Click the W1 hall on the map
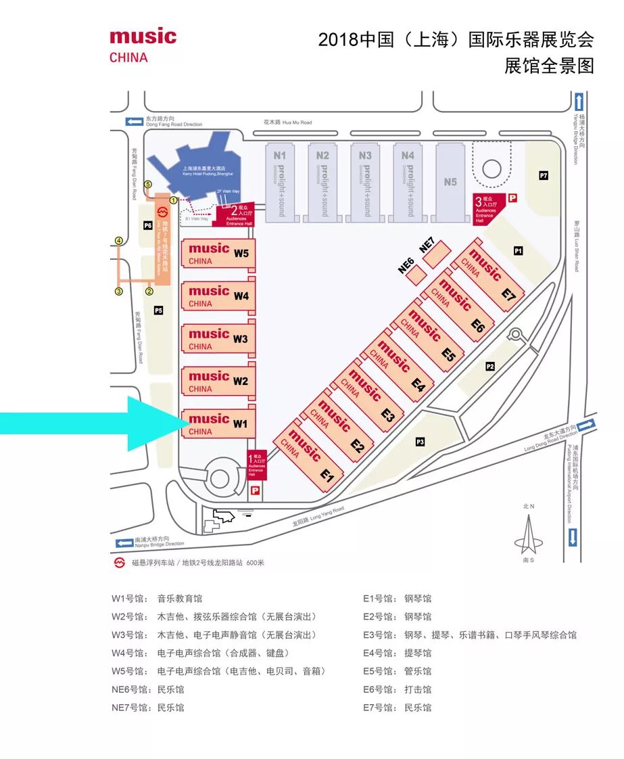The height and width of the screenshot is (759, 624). coord(218,423)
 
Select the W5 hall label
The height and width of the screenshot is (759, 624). coord(241,254)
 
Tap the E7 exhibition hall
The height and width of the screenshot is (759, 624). coord(488,275)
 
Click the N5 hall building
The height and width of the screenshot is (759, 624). coord(450,181)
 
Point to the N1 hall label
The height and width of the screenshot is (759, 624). coord(279,155)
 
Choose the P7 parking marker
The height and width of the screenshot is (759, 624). coord(543,176)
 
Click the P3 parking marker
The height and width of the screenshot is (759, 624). coord(420,442)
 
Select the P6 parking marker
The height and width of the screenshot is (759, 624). coord(147,226)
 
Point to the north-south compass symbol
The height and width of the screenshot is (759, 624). coord(529,534)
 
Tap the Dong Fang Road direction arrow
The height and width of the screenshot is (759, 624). coord(134,121)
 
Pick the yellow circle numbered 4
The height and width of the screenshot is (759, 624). coord(119,240)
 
